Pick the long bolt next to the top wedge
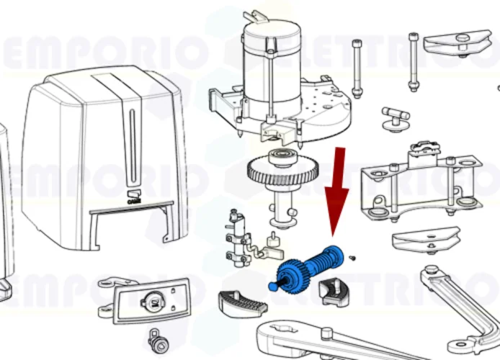click(x=413, y=61)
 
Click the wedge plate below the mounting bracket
click(x=425, y=238)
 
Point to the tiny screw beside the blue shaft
click(x=352, y=257)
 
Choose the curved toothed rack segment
click(x=241, y=302)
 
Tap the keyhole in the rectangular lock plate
click(x=152, y=303)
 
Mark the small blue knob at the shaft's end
click(x=272, y=285)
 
